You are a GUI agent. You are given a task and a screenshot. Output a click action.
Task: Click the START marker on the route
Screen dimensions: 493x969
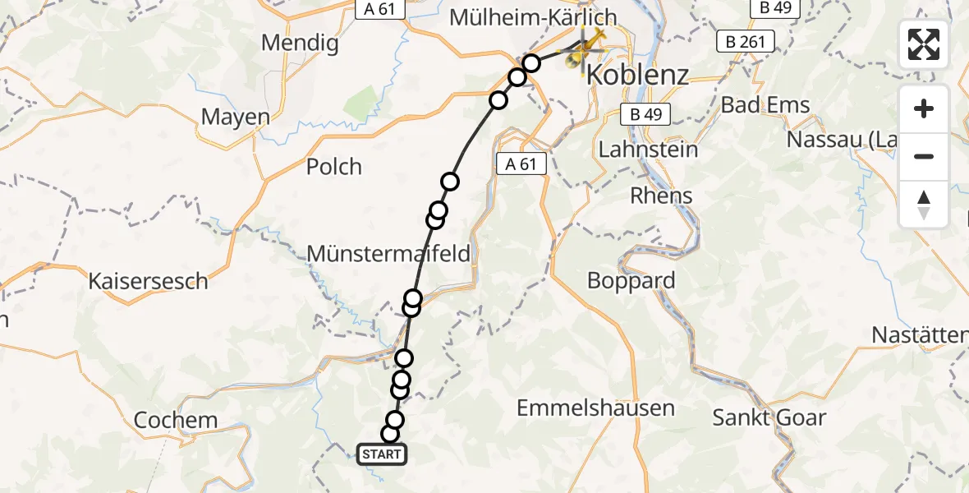tap(382, 454)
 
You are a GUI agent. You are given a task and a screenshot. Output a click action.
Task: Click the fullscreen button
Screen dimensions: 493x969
tap(924, 44)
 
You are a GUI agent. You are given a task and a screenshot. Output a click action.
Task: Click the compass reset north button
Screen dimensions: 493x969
tap(924, 205)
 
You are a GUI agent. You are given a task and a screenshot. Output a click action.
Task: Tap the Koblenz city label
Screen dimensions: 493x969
tap(636, 76)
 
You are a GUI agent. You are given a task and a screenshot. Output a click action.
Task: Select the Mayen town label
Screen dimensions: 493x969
tap(236, 117)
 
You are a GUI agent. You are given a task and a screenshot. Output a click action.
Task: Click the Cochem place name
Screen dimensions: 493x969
tap(176, 420)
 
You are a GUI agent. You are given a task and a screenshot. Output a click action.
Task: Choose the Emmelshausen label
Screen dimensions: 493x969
tap(596, 408)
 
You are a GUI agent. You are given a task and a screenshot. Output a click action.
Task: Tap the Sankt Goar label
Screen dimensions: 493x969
tap(769, 417)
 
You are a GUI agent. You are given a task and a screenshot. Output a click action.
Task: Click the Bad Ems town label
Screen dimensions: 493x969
tap(765, 104)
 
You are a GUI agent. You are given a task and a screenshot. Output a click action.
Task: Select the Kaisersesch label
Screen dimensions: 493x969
tap(149, 281)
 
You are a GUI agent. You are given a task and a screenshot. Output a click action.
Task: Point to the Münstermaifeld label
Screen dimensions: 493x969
tap(388, 254)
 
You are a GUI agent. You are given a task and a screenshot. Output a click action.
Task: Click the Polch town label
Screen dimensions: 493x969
tap(334, 167)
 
